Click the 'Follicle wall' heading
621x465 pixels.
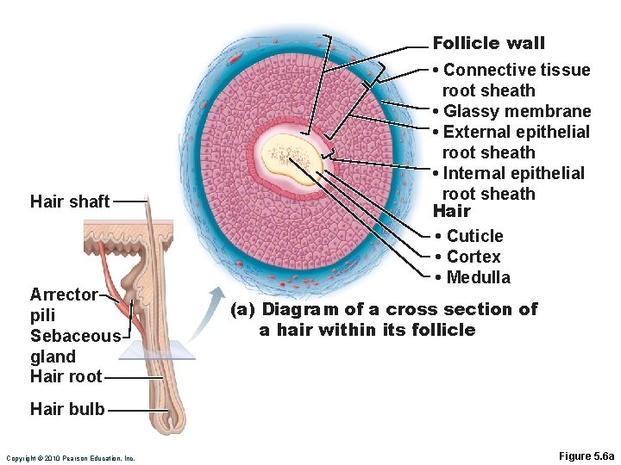pyautogui.click(x=488, y=43)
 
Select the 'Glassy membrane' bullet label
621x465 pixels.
pyautogui.click(x=517, y=111)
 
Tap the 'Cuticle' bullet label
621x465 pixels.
pyautogui.click(x=474, y=236)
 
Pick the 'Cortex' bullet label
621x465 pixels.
pyautogui.click(x=473, y=257)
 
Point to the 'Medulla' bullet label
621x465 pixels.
pyautogui.click(x=478, y=277)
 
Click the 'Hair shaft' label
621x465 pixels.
pyautogui.click(x=70, y=201)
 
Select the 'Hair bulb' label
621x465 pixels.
pyautogui.click(x=67, y=410)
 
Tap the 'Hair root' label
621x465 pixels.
pyautogui.click(x=66, y=376)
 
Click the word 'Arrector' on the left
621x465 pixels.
pyautogui.click(x=64, y=294)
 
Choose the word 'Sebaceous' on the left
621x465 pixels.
pyautogui.click(x=75, y=336)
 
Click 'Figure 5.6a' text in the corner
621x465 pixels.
pyautogui.click(x=586, y=456)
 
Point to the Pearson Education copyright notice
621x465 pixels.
pyautogui.click(x=70, y=457)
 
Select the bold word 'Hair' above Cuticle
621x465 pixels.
pyautogui.click(x=451, y=212)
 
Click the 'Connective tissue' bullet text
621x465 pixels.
pyautogui.click(x=516, y=70)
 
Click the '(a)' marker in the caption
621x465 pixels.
pyautogui.click(x=243, y=309)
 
